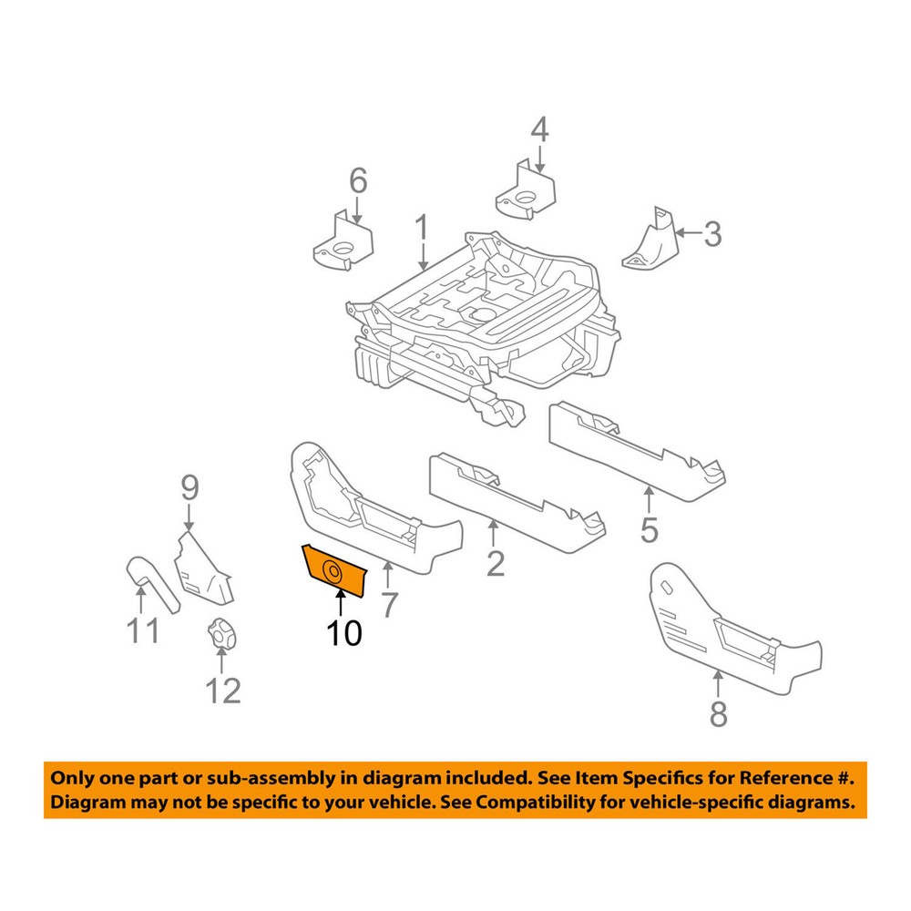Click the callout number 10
[x=345, y=632]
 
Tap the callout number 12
[x=223, y=691]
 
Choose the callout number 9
[x=189, y=488]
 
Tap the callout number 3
[x=711, y=234]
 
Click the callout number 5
[x=649, y=529]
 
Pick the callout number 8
[x=719, y=715]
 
